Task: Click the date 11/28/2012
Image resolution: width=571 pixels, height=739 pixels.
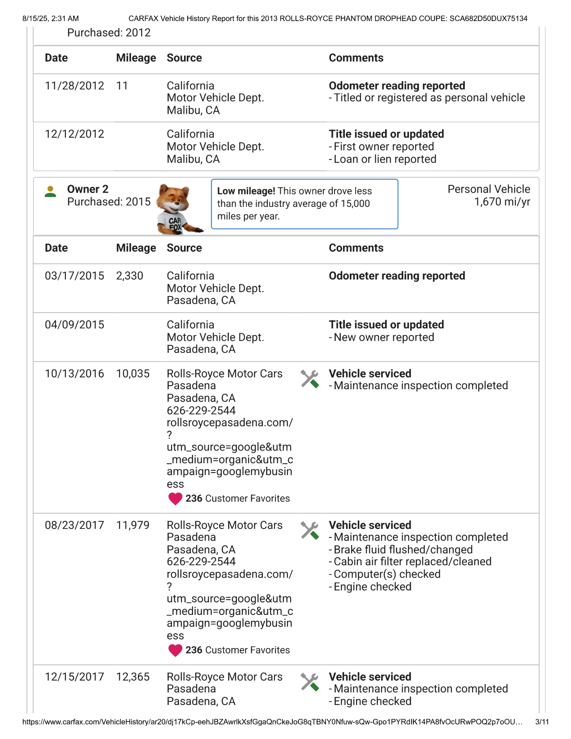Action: pyautogui.click(x=74, y=86)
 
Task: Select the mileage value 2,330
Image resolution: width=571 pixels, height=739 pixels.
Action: pyautogui.click(x=129, y=276)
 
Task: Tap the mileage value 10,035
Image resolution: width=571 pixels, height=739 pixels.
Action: pyautogui.click(x=133, y=374)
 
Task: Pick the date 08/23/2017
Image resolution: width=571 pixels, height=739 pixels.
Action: pyautogui.click(x=74, y=525)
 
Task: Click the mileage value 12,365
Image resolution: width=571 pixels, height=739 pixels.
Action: pyautogui.click(x=133, y=677)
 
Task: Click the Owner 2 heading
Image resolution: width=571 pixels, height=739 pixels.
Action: pyautogui.click(x=88, y=189)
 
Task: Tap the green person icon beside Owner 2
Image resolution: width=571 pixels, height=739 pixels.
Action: pyautogui.click(x=51, y=192)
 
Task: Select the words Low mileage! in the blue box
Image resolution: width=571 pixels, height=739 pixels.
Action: pyautogui.click(x=246, y=191)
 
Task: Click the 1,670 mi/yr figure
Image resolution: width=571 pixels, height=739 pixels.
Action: pyautogui.click(x=502, y=202)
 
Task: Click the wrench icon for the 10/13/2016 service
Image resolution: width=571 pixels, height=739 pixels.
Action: pyautogui.click(x=309, y=379)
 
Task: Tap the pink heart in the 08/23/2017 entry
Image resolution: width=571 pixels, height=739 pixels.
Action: pyautogui.click(x=175, y=650)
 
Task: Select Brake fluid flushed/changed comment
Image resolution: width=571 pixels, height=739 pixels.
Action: pyautogui.click(x=403, y=550)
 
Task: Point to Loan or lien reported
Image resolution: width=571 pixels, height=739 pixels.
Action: pyautogui.click(x=385, y=159)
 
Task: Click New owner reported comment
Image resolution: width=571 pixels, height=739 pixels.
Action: pyautogui.click(x=384, y=337)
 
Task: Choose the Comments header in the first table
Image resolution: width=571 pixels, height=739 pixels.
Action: pyautogui.click(x=356, y=58)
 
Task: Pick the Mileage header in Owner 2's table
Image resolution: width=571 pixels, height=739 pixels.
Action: pyautogui.click(x=136, y=248)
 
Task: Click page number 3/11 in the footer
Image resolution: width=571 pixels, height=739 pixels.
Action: pyautogui.click(x=542, y=722)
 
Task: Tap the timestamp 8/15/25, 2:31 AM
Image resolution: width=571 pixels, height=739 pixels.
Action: pyautogui.click(x=51, y=19)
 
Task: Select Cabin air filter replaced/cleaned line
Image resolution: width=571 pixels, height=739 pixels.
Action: pyautogui.click(x=412, y=562)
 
